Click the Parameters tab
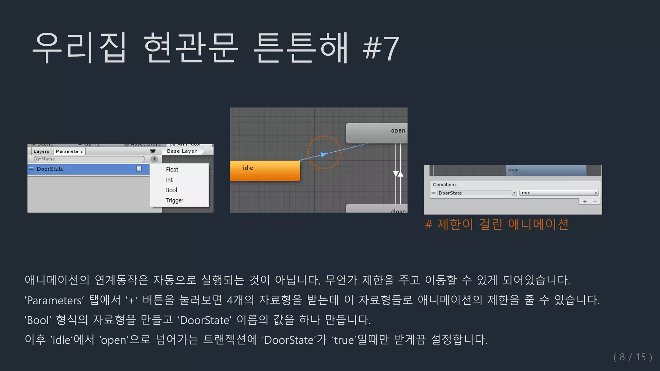pyautogui.click(x=69, y=151)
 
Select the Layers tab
pyautogui.click(x=41, y=151)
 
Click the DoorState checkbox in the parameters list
pyautogui.click(x=139, y=169)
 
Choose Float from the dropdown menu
pyautogui.click(x=172, y=169)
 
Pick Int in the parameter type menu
pyautogui.click(x=170, y=180)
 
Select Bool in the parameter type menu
pyautogui.click(x=172, y=190)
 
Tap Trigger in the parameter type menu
pyautogui.click(x=175, y=200)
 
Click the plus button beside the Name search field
pyautogui.click(x=154, y=159)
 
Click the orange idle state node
pyautogui.click(x=265, y=170)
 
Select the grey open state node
pyautogui.click(x=376, y=133)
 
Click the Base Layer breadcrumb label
pyautogui.click(x=182, y=151)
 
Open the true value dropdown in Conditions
pyautogui.click(x=559, y=193)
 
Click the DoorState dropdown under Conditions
pyautogui.click(x=477, y=193)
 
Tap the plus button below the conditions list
pyautogui.click(x=585, y=202)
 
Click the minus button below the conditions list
pyautogui.click(x=595, y=202)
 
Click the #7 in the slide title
pyautogui.click(x=381, y=48)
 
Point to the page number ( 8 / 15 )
pyautogui.click(x=633, y=357)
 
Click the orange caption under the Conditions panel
pyautogui.click(x=497, y=224)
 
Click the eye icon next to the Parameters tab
pyautogui.click(x=153, y=151)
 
